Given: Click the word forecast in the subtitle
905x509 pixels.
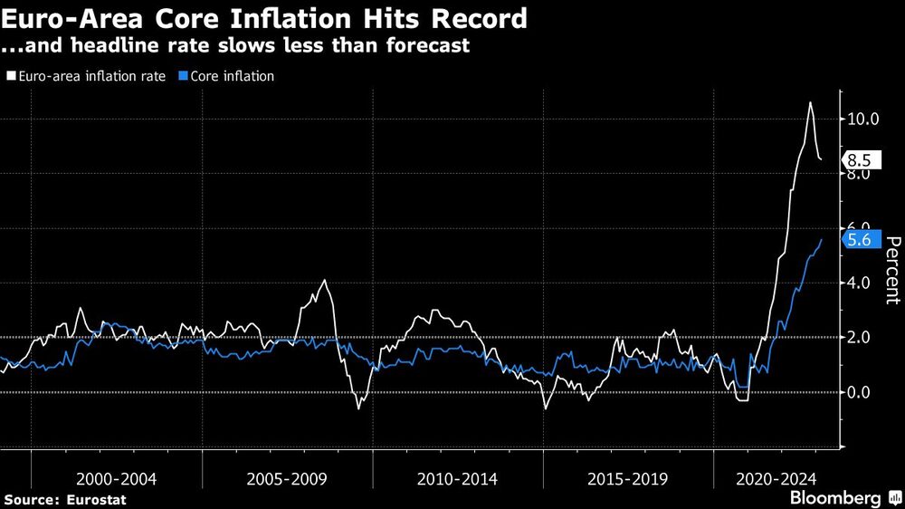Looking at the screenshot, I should click(x=425, y=45).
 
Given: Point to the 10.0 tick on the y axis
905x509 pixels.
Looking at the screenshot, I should click(x=862, y=119).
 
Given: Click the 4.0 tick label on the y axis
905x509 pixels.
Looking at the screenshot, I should click(x=859, y=283).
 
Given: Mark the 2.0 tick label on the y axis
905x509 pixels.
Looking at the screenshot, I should click(x=859, y=337).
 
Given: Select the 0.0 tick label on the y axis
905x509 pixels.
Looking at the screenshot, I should click(x=859, y=392).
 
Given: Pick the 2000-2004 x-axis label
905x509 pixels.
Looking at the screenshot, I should click(x=117, y=478).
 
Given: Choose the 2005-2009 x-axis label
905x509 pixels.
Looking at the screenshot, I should click(x=287, y=478).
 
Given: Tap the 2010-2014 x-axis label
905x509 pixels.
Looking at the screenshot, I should click(x=458, y=478).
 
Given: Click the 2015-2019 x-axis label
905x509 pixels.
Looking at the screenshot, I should click(x=628, y=478).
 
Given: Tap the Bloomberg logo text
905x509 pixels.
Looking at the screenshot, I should click(x=835, y=498).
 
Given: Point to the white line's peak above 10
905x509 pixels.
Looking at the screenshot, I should click(x=809, y=102).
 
